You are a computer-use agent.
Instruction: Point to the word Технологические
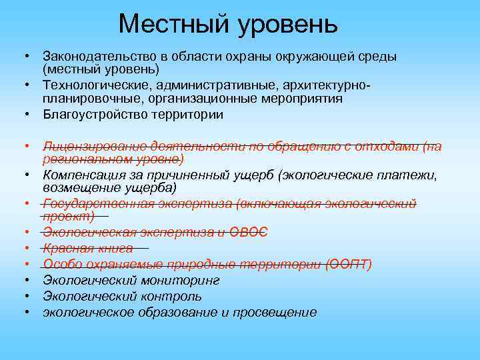pyautogui.click(x=88, y=86)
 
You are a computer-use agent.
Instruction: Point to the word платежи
pyautogui.click(x=411, y=175)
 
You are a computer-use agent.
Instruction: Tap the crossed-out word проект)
pyautogui.click(x=68, y=216)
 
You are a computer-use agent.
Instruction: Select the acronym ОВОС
pyautogui.click(x=249, y=231)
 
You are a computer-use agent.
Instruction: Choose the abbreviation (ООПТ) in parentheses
pyautogui.click(x=349, y=264)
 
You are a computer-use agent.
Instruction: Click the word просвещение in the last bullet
pyautogui.click(x=275, y=312)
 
